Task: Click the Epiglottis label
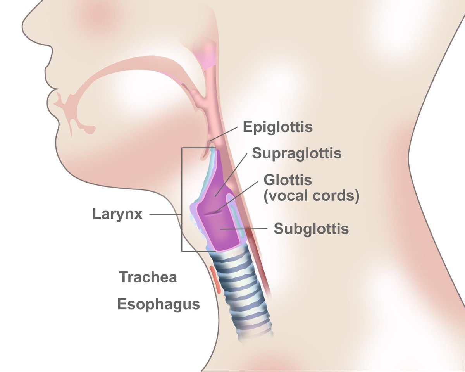pos(278,127)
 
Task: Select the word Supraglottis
pos(297,154)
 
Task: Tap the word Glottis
pos(288,180)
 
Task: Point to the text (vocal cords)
pos(312,196)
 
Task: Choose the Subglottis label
pos(311,229)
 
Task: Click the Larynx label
pos(117,214)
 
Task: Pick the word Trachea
pos(148,277)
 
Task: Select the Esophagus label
pos(158,304)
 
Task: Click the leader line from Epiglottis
pos(224,134)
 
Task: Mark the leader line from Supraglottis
pos(231,175)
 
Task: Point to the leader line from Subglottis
pos(244,229)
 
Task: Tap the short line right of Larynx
pos(165,215)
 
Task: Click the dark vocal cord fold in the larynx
pos(213,214)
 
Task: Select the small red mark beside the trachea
pos(215,280)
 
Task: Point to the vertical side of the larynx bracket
pos(182,199)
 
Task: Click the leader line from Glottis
pos(236,197)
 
